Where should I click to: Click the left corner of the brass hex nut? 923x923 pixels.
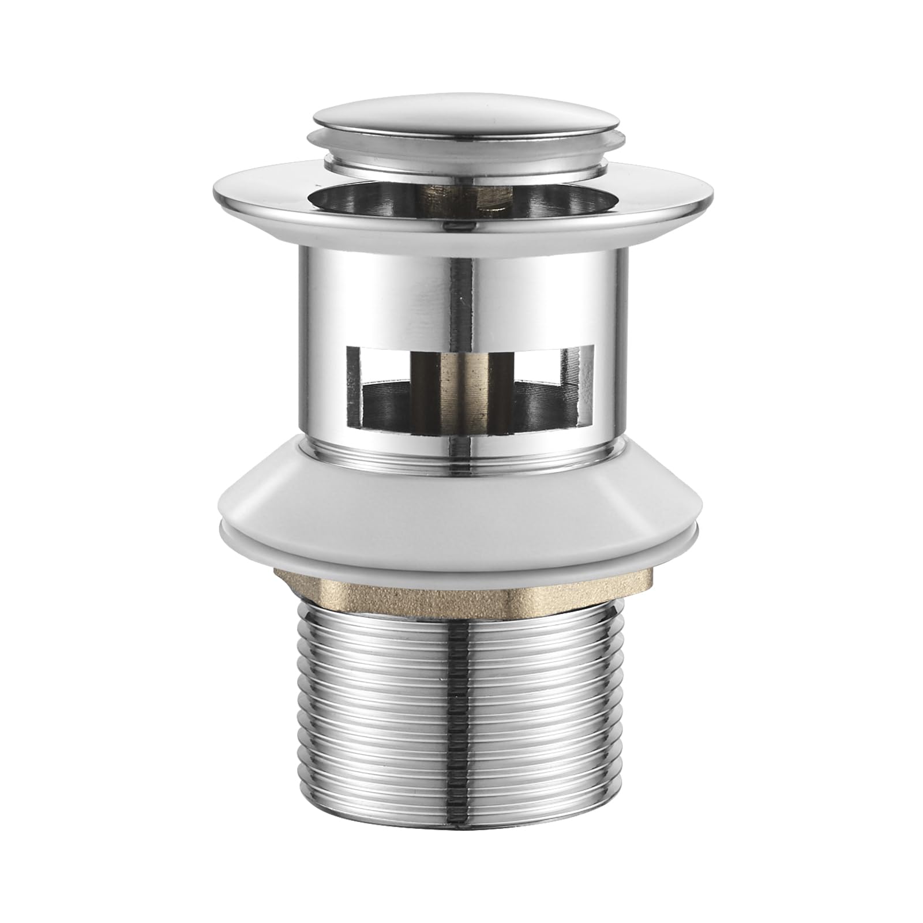(277, 577)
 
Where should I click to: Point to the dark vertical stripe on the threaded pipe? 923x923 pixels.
(461, 721)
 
